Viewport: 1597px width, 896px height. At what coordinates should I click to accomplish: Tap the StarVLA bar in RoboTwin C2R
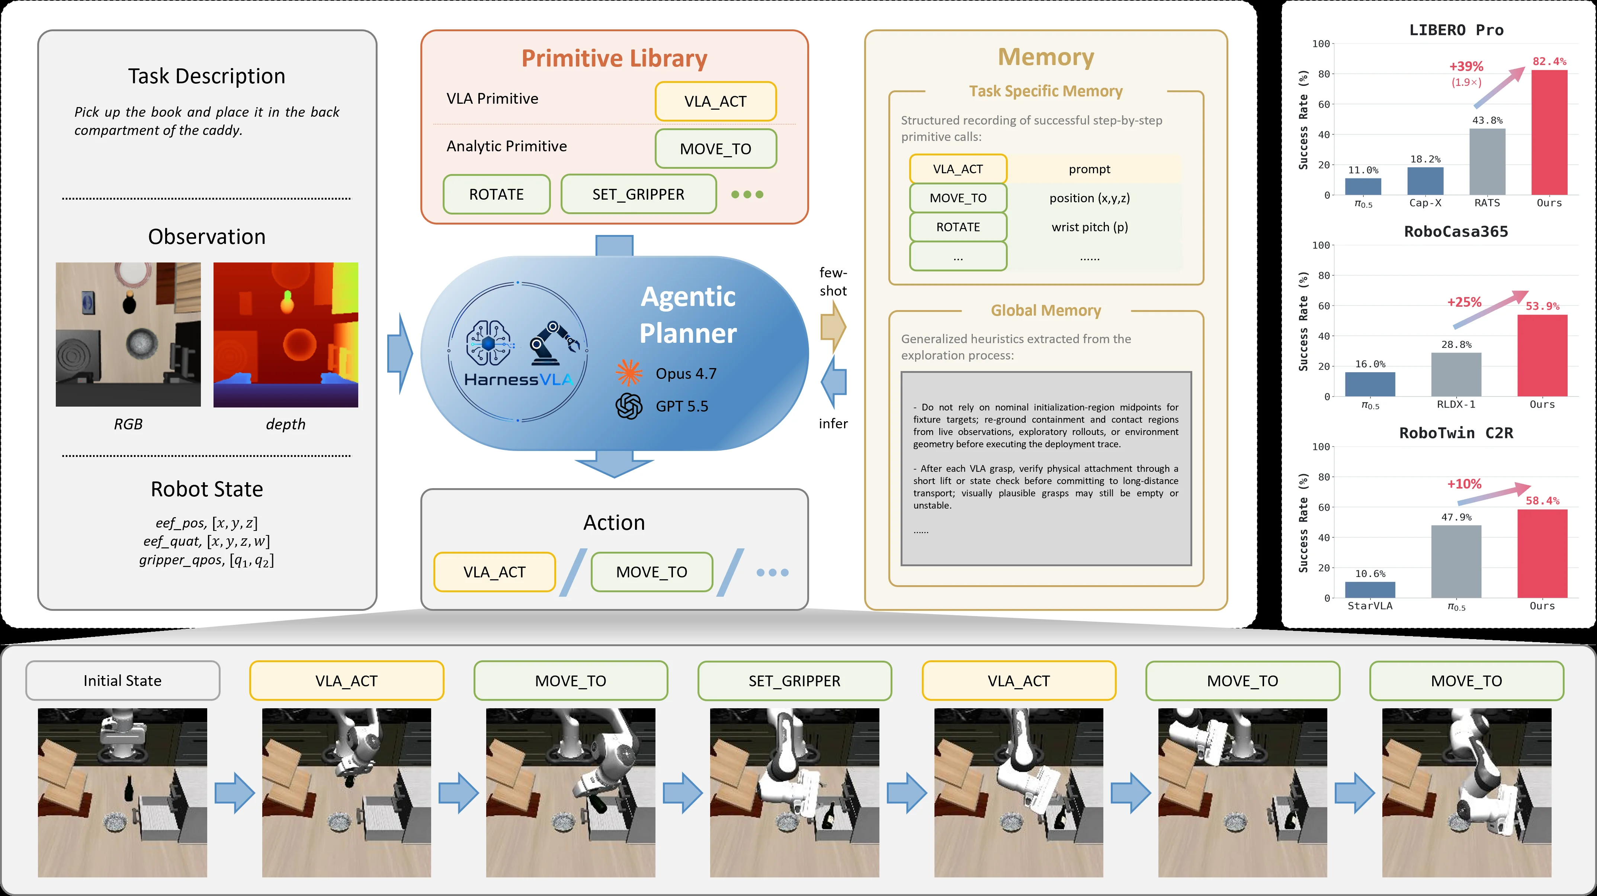pyautogui.click(x=1370, y=590)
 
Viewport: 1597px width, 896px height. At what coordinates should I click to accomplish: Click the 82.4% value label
pyautogui.click(x=1549, y=61)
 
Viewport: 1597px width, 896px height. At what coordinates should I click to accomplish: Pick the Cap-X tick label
pyautogui.click(x=1425, y=203)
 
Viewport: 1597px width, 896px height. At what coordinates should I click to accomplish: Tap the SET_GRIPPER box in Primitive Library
pyautogui.click(x=639, y=194)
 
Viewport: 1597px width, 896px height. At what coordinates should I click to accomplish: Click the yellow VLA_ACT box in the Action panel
pyautogui.click(x=495, y=572)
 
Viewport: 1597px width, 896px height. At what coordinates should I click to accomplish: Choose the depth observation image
pyautogui.click(x=286, y=335)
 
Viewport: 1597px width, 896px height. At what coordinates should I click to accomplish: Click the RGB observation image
pyautogui.click(x=128, y=335)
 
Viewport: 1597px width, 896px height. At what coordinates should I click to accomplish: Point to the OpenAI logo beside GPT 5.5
pyautogui.click(x=629, y=406)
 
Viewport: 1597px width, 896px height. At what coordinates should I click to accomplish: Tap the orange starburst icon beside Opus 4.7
pyautogui.click(x=629, y=373)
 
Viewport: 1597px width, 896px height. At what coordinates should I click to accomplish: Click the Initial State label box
pyautogui.click(x=123, y=680)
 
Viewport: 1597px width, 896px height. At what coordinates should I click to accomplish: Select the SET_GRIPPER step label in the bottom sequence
pyautogui.click(x=795, y=680)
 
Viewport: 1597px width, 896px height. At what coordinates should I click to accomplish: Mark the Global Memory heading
pyautogui.click(x=1046, y=310)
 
